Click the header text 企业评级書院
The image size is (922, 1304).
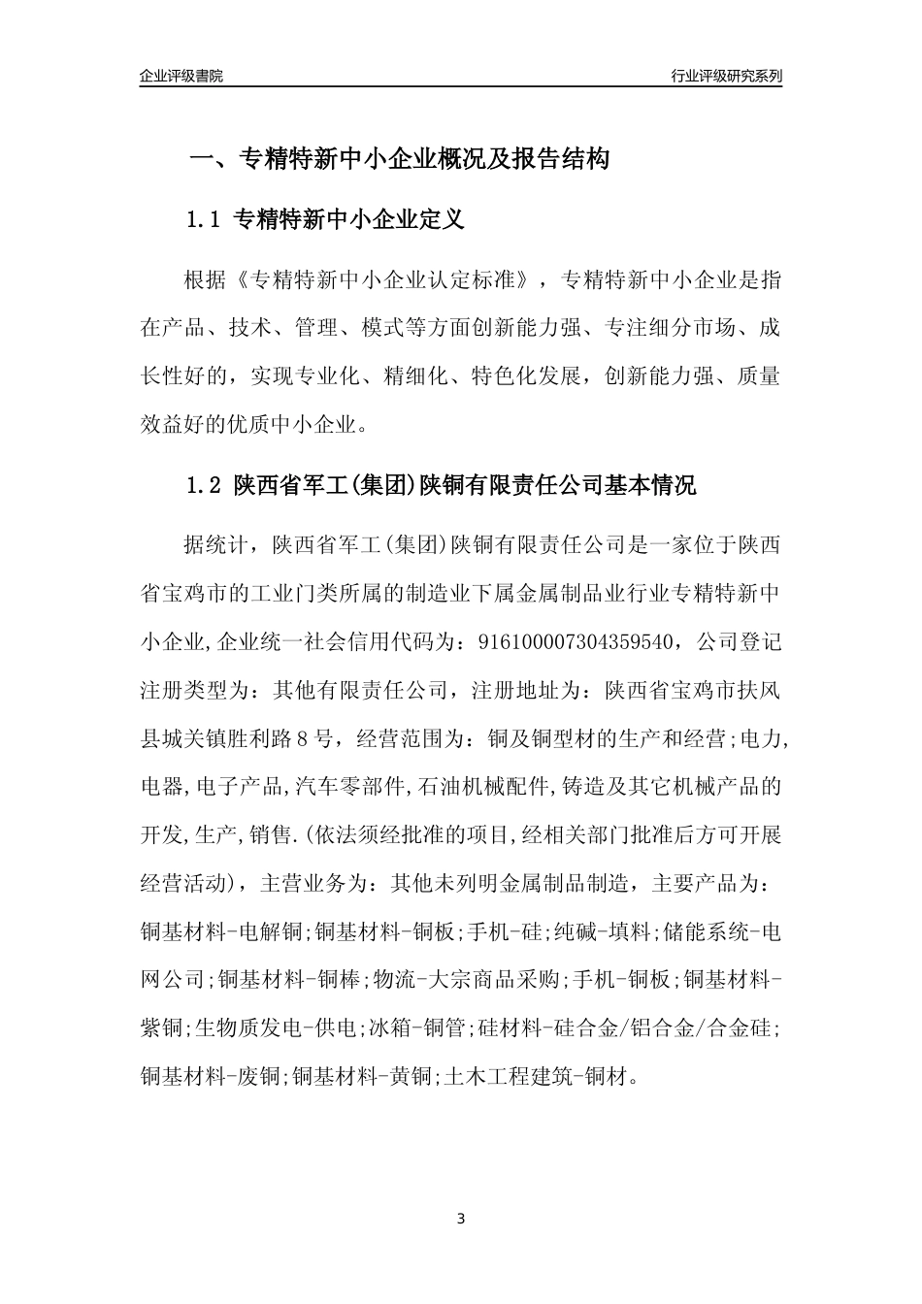click(181, 76)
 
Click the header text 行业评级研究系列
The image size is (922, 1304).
click(726, 76)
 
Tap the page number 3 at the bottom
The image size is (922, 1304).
click(461, 1219)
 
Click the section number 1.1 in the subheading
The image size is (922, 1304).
click(205, 220)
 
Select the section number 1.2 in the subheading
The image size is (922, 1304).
click(205, 485)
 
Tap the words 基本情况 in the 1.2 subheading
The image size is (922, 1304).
click(649, 485)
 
